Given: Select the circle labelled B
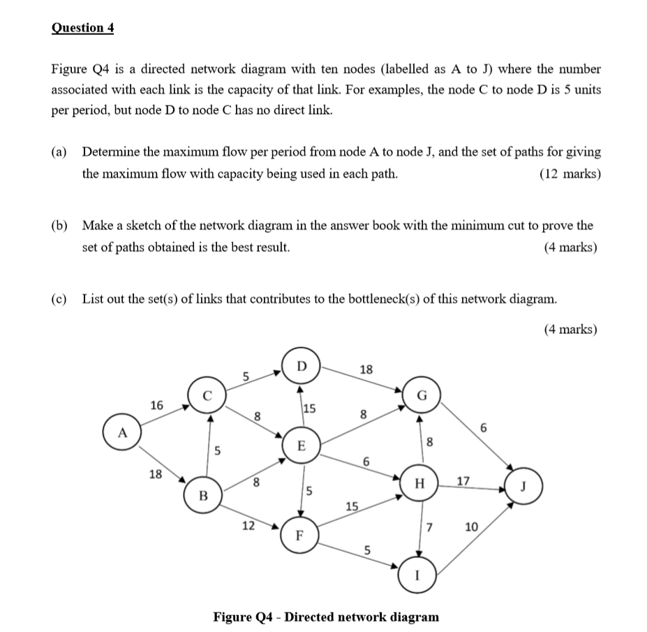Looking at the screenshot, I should pyautogui.click(x=204, y=496).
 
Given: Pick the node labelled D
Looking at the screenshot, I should pyautogui.click(x=301, y=366).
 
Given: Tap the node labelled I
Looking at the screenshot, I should pyautogui.click(x=416, y=577).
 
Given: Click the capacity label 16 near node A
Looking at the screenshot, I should pyautogui.click(x=157, y=405).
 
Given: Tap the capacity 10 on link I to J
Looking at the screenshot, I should pyautogui.click(x=471, y=527).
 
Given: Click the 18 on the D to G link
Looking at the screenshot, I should pyautogui.click(x=364, y=369).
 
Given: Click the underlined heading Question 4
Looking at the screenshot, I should pyautogui.click(x=82, y=28).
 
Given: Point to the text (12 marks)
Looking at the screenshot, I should pyautogui.click(x=570, y=174).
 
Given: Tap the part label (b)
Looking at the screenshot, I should pyautogui.click(x=60, y=226).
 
